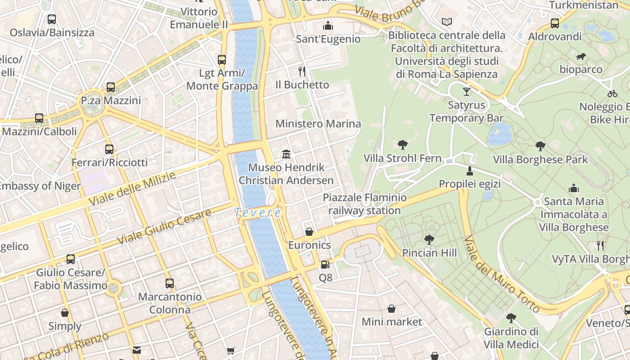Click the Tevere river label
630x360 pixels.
[x=258, y=212]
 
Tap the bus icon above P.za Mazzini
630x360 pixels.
[x=111, y=87]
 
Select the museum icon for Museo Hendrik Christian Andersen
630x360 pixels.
[x=286, y=154]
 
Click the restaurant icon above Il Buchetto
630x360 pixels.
[x=302, y=71]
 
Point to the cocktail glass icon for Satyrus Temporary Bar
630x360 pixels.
[x=466, y=92]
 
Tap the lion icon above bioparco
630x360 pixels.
[x=581, y=57]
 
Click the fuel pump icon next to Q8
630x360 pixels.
[x=325, y=265]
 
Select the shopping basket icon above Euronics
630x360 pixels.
[x=309, y=232]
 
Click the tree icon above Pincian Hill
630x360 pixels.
[x=429, y=239]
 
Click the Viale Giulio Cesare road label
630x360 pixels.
[x=164, y=227]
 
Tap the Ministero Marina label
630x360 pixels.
[x=318, y=124]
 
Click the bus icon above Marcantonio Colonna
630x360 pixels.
[x=169, y=283]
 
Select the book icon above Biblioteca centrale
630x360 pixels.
[x=446, y=22]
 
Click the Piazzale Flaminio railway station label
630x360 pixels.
[x=364, y=204]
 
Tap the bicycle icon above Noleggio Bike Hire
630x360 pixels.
[x=612, y=94]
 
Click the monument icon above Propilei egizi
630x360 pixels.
[x=470, y=171]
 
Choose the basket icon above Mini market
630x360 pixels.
[x=391, y=309]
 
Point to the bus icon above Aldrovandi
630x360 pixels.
[x=555, y=23]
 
